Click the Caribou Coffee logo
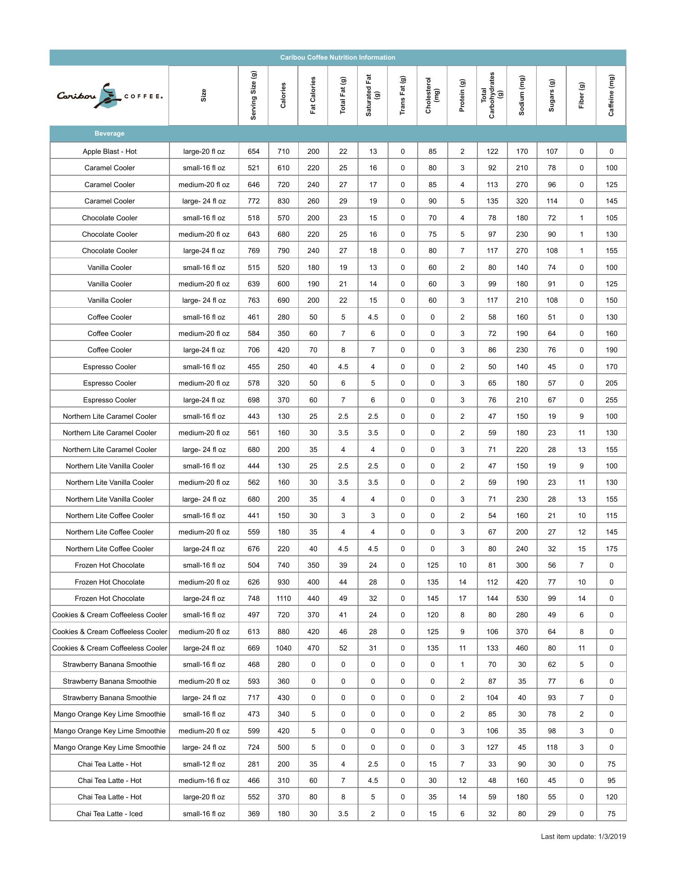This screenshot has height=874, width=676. pos(109,96)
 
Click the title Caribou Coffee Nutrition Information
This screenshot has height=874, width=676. pos(338,57)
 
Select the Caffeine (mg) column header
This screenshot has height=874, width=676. pos(611,95)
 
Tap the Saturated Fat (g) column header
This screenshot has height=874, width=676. pos(372,95)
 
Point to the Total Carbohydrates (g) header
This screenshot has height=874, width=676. pos(492,95)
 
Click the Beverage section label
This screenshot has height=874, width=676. pos(109,133)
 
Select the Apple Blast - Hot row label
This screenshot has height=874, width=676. pos(109,152)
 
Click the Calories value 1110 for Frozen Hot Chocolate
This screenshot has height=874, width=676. pos(283,599)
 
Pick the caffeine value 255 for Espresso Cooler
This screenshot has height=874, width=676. pos(611,400)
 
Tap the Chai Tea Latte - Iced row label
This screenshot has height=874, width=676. pos(109,814)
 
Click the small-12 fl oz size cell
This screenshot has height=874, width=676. pos(204,764)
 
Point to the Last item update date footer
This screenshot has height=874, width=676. pos(583,837)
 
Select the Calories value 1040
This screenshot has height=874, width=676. pos(283,648)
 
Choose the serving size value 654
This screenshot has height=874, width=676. pos(254,152)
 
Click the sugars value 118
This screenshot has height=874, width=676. pos(552,747)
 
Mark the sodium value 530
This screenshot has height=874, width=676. pos(522,599)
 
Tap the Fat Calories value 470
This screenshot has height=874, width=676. pos(313,648)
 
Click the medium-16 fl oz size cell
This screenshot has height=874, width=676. pos(204,781)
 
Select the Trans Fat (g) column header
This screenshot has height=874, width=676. pos(402,95)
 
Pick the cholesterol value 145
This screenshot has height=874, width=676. pos(432,599)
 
